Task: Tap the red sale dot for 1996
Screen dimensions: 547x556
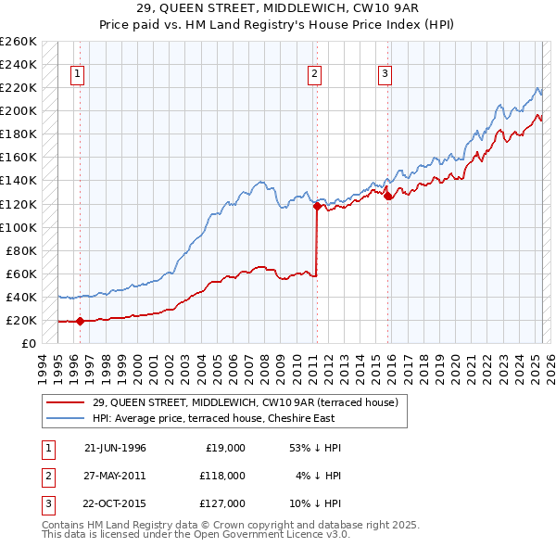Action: [x=80, y=322]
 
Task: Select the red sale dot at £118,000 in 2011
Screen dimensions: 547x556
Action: [x=317, y=207]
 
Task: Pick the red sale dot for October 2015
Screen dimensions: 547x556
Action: [x=387, y=196]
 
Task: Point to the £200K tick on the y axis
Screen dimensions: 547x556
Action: [x=19, y=111]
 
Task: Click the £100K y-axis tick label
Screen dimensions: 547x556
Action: [x=19, y=227]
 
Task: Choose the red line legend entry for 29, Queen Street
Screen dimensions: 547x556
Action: [x=245, y=401]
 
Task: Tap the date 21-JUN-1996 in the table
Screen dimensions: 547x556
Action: [x=115, y=448]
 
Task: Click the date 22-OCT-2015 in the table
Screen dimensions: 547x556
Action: [x=115, y=503]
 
